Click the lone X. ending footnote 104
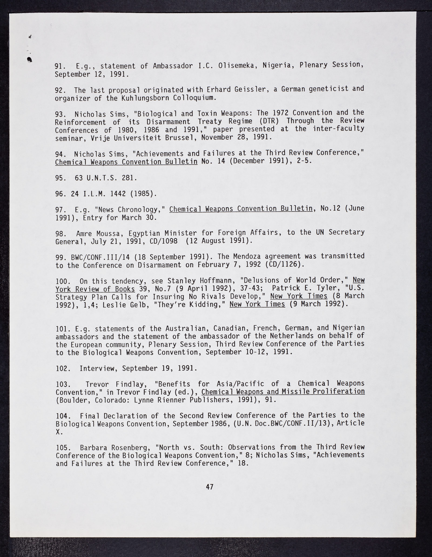59,432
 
